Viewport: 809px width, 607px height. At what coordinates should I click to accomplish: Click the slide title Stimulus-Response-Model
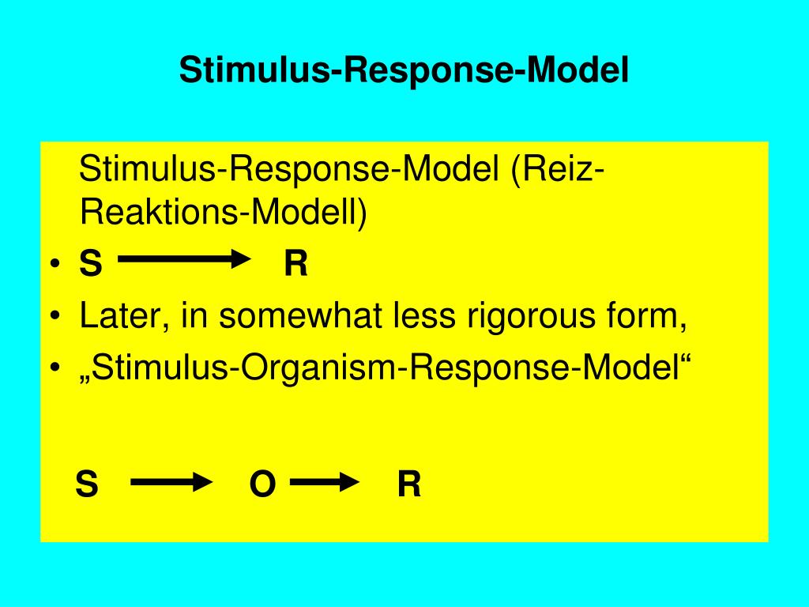pos(404,70)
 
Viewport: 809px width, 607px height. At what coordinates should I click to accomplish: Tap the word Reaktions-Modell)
pos(224,213)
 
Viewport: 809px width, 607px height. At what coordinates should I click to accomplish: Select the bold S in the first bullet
pos(91,264)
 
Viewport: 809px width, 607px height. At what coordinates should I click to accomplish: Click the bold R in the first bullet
pos(295,264)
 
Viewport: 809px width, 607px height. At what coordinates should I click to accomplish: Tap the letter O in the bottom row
pos(262,484)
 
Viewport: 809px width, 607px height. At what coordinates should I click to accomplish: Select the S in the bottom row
pos(87,484)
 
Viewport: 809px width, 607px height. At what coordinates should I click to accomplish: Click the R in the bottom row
pos(409,484)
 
